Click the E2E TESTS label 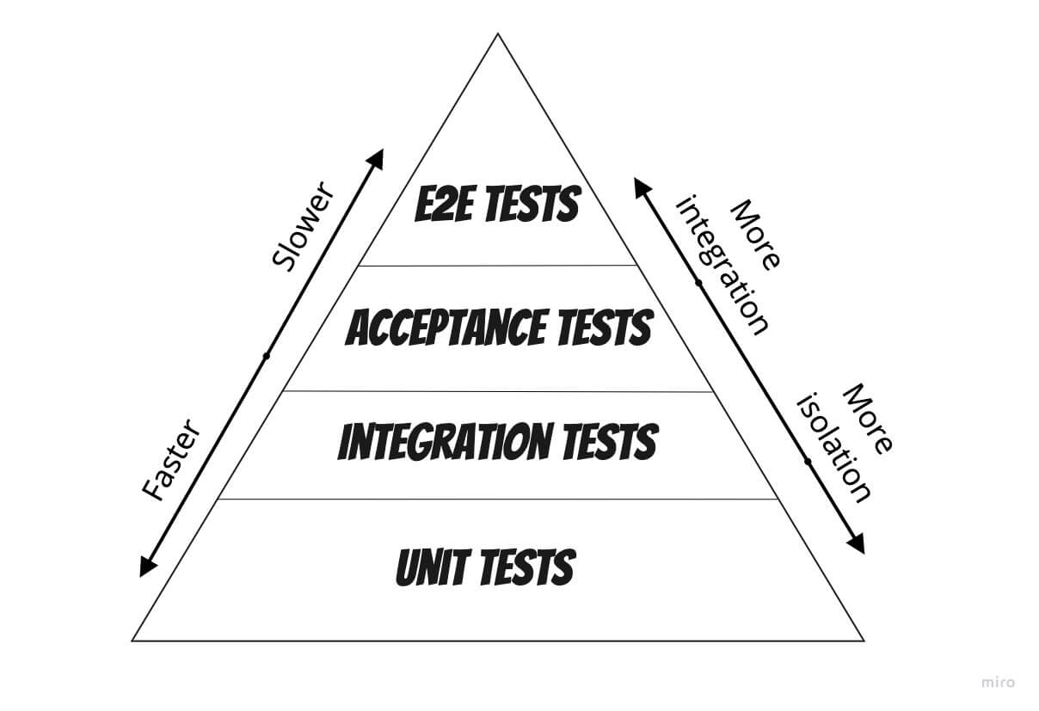coord(497,204)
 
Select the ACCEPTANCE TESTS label coord(499,328)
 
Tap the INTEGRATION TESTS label coord(497,441)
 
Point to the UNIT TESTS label coord(486,567)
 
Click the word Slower coord(303,227)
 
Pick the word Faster coord(171,460)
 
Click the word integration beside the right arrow coord(722,265)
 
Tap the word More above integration coord(755,235)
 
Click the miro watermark coord(999,683)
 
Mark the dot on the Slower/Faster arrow coord(267,356)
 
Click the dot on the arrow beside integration coord(698,283)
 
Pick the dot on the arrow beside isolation coord(808,461)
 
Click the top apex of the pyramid coord(498,34)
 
